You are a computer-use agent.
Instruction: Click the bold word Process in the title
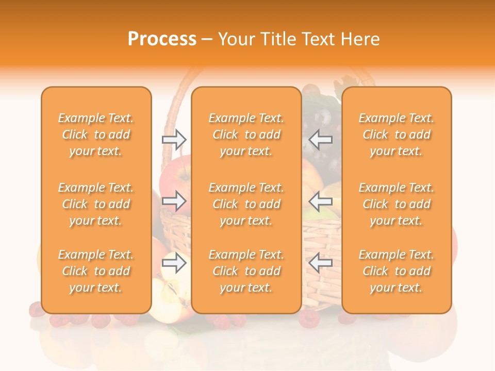[162, 39]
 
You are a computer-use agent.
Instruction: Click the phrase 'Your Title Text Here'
[299, 39]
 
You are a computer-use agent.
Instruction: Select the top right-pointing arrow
[174, 139]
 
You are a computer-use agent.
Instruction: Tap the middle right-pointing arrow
[174, 201]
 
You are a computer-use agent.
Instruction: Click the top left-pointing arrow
[320, 139]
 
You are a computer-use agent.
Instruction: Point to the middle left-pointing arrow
[320, 201]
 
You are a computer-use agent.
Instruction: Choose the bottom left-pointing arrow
[320, 263]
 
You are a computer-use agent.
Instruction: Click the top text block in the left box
[96, 134]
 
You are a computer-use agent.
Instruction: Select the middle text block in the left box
[96, 204]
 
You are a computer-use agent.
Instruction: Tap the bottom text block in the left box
[96, 271]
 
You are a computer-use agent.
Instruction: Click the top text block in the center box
[246, 134]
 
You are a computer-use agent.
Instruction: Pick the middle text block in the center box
[246, 204]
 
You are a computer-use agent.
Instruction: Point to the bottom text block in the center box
[246, 271]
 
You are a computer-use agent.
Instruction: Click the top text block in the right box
[396, 134]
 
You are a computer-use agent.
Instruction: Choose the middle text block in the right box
[396, 204]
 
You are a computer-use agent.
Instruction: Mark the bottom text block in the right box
[396, 271]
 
